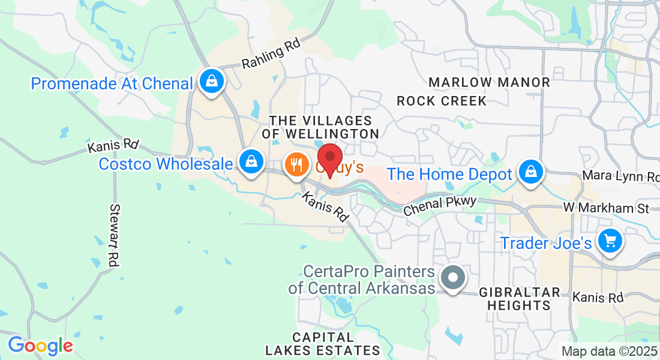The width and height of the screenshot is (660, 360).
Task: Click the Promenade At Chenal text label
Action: pos(112,83)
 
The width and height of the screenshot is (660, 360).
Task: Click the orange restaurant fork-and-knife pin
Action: pos(296,164)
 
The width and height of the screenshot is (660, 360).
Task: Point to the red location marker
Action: pos(329,158)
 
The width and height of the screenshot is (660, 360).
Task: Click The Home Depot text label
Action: pos(449,174)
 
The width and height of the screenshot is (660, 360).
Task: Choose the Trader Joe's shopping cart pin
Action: pos(610,241)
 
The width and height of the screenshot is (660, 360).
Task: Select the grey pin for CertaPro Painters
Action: pos(453,278)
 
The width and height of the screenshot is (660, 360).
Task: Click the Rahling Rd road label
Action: pos(271,55)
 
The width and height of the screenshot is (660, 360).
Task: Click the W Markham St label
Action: pos(606,208)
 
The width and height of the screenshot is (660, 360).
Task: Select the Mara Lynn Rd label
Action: pos(620,177)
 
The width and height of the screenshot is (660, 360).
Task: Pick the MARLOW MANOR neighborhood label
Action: pos(490,82)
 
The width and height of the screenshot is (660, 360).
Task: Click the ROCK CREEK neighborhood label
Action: pos(442,101)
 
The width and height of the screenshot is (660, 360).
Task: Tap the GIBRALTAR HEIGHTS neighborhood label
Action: pos(520,299)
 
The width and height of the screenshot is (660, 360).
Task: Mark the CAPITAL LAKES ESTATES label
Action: pos(323,343)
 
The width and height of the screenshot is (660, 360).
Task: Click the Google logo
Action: pos(40,346)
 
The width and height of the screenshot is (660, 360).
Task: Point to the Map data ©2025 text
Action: pos(609,351)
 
